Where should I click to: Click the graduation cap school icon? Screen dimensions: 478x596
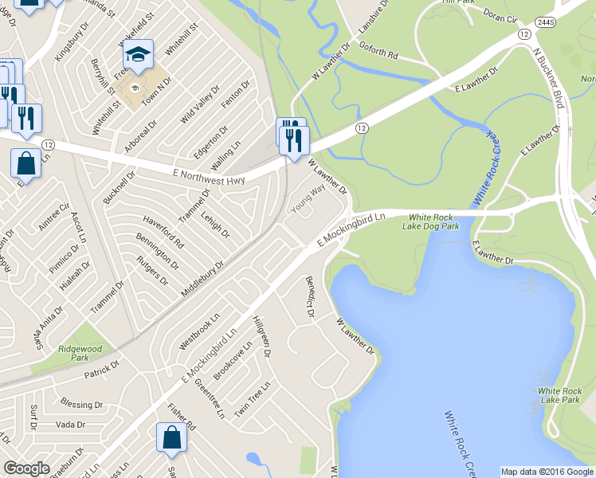click(139, 54)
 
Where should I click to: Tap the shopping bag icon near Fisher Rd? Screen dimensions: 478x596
click(171, 437)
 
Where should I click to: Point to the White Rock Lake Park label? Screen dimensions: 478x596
click(559, 394)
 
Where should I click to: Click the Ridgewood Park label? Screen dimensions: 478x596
click(80, 353)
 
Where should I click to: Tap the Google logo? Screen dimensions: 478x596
click(26, 468)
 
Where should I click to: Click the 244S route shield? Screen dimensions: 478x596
click(545, 22)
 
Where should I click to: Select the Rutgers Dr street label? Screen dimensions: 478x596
click(152, 270)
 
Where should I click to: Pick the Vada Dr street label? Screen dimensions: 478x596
click(70, 425)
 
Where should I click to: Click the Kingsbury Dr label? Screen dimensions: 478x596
click(69, 46)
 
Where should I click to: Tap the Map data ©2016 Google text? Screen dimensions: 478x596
click(547, 472)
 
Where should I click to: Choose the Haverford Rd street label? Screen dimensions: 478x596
click(163, 231)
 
